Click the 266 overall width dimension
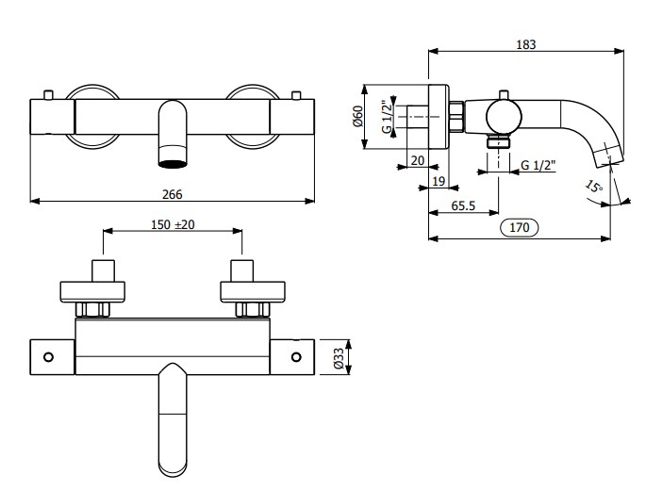tap(172, 193)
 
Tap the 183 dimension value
tap(527, 42)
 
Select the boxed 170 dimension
tap(520, 227)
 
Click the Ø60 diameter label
tap(357, 117)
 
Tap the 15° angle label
tap(592, 188)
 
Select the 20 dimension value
tap(417, 160)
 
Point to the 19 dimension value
tap(438, 181)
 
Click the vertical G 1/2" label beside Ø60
tap(387, 117)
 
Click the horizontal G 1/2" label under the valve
tap(539, 166)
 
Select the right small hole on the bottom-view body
tap(296, 357)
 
